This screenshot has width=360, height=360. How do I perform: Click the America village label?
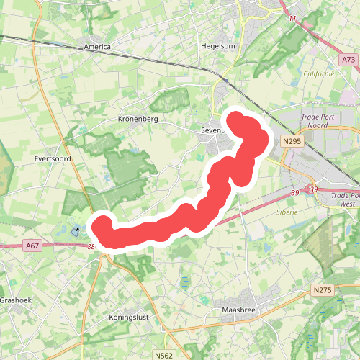[x=97, y=47]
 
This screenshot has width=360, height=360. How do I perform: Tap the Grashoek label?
[x=13, y=300]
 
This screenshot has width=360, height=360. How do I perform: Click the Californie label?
[x=318, y=73]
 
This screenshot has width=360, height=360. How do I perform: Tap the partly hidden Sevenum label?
[x=214, y=131]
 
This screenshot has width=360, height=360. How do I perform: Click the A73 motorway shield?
[x=348, y=60]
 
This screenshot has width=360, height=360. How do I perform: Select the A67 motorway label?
[x=32, y=246]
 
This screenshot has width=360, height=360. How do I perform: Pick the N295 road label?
[x=292, y=142]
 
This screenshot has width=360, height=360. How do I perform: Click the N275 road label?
[x=321, y=289]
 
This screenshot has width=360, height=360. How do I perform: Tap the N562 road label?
[x=163, y=355]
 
